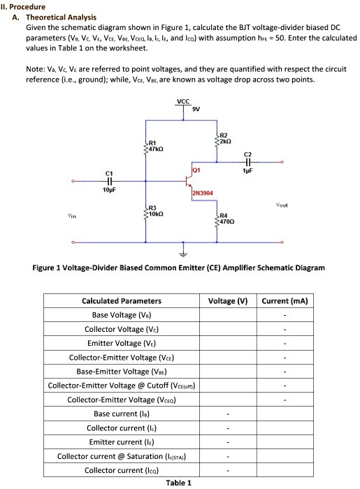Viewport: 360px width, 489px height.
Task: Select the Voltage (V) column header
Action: coord(228,301)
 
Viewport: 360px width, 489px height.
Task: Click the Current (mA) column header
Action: coord(285,301)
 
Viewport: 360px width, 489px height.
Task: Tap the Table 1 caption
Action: coord(179,483)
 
